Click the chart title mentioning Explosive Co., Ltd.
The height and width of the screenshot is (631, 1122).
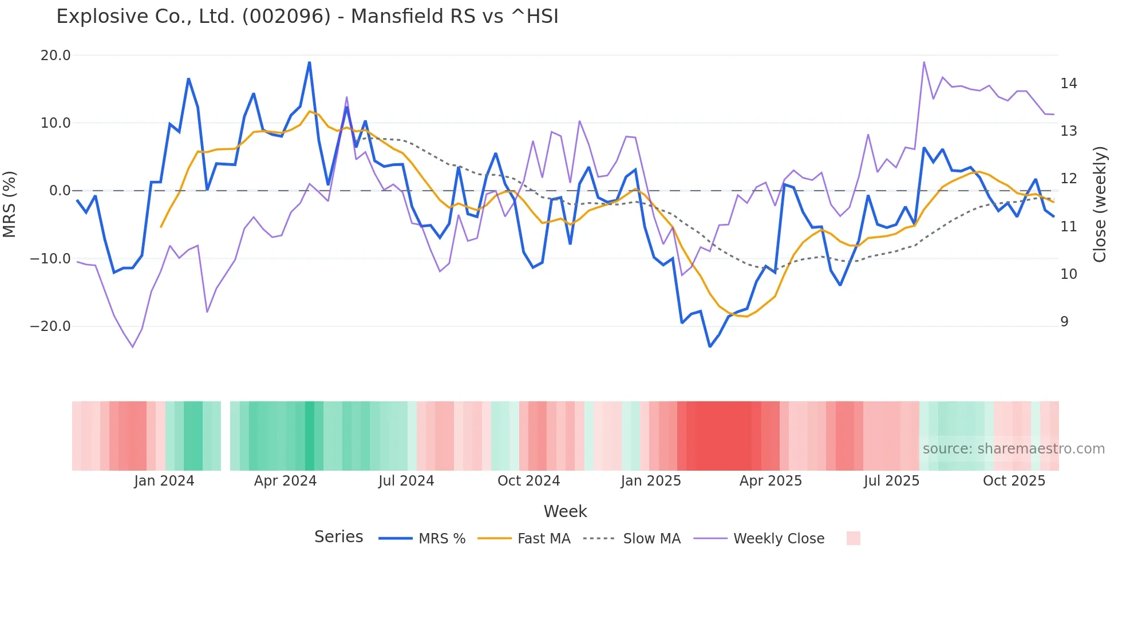coord(307,17)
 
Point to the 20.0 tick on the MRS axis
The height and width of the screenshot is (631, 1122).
coord(56,56)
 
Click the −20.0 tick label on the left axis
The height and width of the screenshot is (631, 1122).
coord(50,326)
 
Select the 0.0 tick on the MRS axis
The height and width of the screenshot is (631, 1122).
coord(60,191)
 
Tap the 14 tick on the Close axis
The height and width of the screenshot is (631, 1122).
coord(1068,84)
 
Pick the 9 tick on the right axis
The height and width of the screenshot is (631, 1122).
coord(1064,322)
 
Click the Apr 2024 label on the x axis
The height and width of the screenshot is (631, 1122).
coord(285,481)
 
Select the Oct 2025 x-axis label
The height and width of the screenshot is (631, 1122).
coord(1014,481)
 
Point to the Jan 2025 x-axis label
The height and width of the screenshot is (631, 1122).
coord(651,481)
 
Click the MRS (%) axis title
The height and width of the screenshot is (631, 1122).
coord(10,204)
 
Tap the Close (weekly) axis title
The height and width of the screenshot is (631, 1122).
coord(1100,204)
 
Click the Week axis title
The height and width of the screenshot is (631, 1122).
coord(565,511)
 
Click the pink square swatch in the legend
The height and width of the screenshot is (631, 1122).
coord(853,538)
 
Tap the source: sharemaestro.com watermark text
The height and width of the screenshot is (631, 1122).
coord(1013,449)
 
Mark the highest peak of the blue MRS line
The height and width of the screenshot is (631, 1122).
coord(310,62)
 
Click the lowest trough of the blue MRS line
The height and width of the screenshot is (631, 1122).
coord(710,346)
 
